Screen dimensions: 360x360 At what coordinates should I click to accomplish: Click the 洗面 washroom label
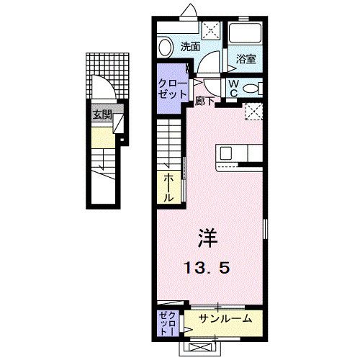pos(190,48)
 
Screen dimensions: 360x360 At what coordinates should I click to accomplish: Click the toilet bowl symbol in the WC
pos(252,88)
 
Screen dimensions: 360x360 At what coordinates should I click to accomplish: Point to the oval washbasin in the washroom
pos(166,48)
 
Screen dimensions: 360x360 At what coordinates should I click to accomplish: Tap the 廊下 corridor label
pos(204,102)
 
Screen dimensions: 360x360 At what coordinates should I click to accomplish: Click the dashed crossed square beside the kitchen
pos(253,112)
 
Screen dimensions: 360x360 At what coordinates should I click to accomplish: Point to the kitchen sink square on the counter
pos(226,153)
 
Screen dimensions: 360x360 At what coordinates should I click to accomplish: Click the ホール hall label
pos(168,187)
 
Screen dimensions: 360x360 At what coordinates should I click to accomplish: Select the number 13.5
pos(209,269)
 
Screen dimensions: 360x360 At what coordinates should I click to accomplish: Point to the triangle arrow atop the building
pos(189,10)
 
